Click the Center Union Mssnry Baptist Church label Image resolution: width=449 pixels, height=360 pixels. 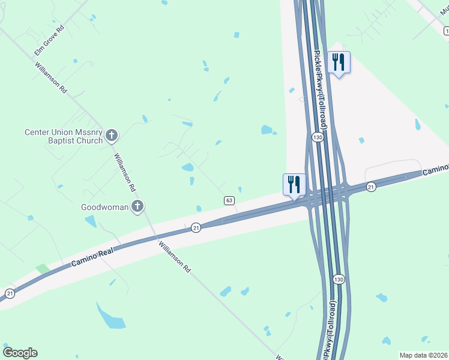(62, 136)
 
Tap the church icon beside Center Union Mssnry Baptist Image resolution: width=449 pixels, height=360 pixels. (112, 136)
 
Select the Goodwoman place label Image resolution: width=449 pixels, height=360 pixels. (105, 208)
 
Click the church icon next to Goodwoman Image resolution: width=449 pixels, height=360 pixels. (137, 207)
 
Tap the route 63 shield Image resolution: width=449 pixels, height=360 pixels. (229, 200)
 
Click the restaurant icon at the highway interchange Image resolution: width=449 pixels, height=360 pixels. (294, 184)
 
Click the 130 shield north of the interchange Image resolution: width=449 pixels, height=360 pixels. (318, 138)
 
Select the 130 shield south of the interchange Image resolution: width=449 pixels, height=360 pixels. (339, 280)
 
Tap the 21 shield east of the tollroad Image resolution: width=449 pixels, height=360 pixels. (371, 187)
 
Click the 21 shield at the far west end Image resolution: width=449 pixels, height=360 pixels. (10, 293)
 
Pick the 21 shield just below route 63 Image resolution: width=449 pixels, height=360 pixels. (196, 227)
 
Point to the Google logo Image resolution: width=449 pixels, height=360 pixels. (20, 352)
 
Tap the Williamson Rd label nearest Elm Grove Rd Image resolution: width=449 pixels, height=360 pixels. (50, 77)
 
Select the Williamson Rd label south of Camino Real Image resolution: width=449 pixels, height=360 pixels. (174, 257)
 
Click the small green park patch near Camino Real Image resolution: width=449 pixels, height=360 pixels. (41, 269)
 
